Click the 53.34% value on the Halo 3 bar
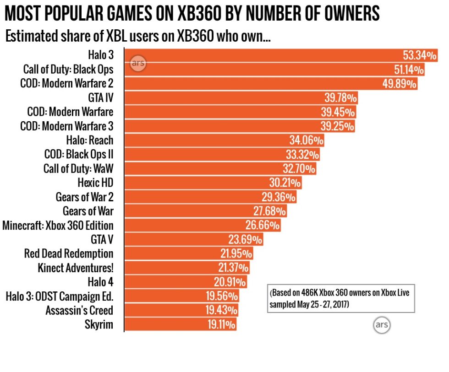[419, 56]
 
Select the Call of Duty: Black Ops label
[68, 70]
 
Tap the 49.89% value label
[399, 84]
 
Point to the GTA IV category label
[100, 98]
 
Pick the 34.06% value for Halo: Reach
[306, 140]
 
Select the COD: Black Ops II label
[78, 155]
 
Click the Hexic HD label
[95, 183]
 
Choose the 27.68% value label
[269, 211]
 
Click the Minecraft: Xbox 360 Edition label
[58, 226]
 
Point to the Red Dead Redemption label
[69, 254]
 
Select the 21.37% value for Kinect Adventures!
[231, 268]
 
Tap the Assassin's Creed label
[79, 311]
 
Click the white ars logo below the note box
[382, 325]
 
